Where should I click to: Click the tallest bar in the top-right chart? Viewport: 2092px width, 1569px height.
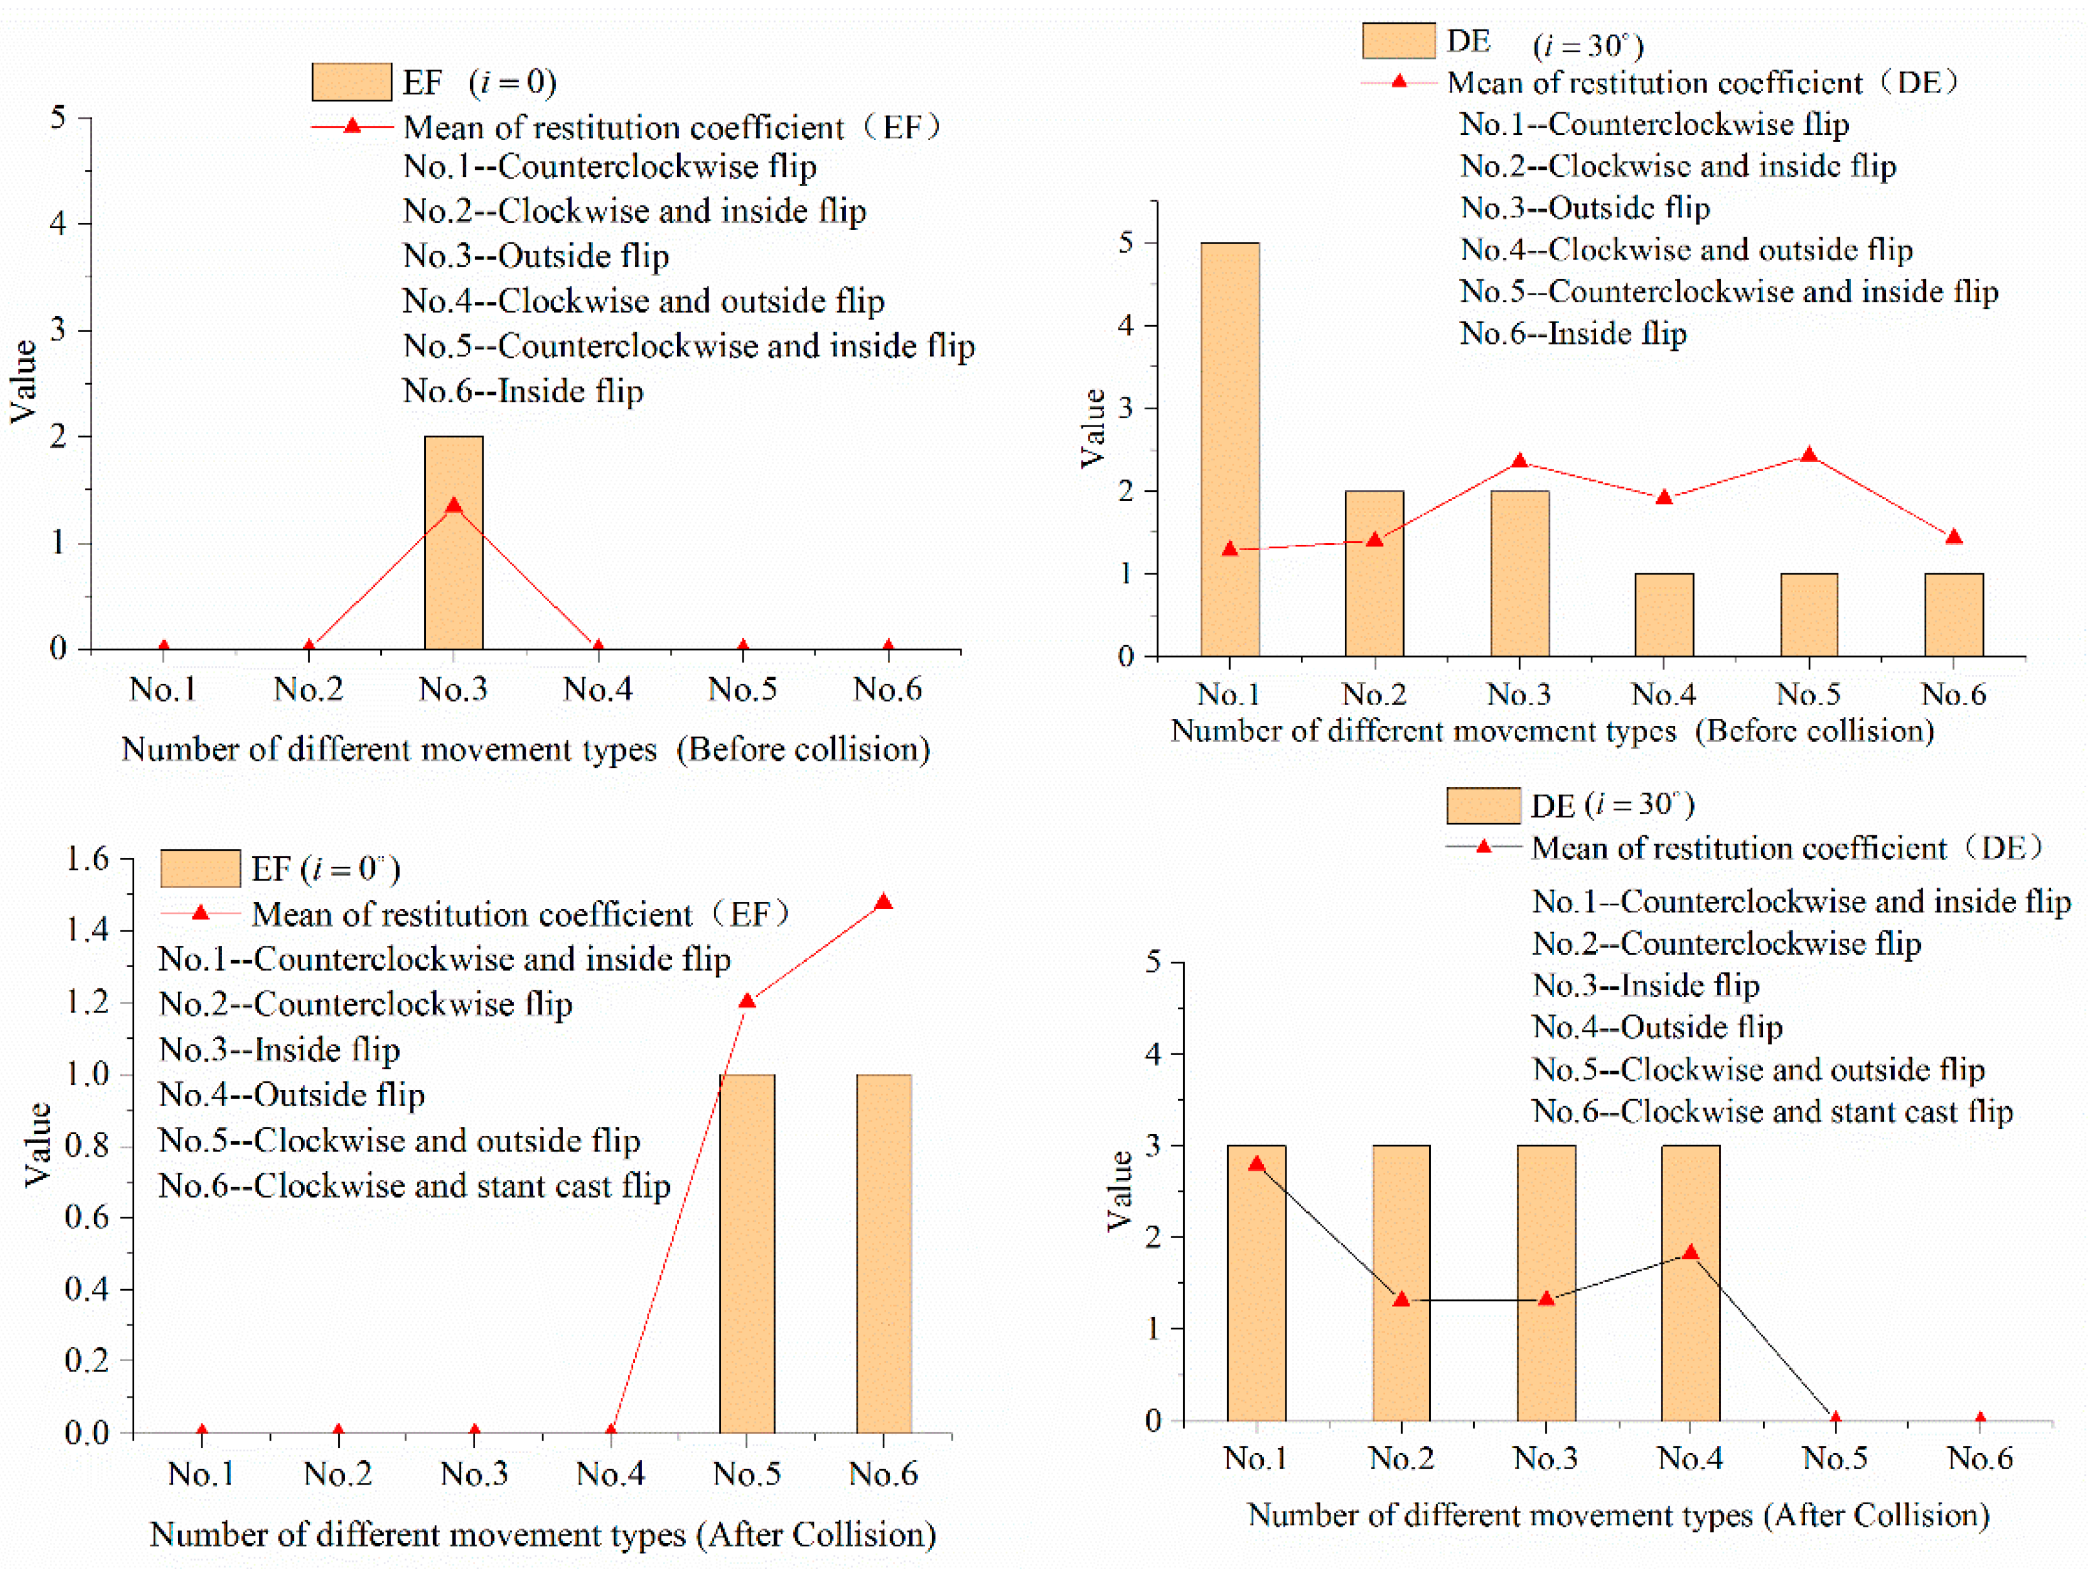[x=1230, y=449]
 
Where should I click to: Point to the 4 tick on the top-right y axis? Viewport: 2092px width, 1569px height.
[x=1126, y=326]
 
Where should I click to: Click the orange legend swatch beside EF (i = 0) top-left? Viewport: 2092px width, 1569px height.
[x=351, y=82]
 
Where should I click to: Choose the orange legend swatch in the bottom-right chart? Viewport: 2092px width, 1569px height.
[x=1483, y=806]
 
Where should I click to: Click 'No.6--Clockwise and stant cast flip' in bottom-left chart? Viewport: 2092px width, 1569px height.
[x=414, y=1186]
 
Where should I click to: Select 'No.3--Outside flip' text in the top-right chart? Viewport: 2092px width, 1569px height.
[x=1585, y=208]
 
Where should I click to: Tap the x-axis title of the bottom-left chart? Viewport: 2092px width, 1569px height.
[x=543, y=1534]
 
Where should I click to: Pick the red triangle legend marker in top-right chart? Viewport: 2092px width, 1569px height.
[x=1399, y=82]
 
